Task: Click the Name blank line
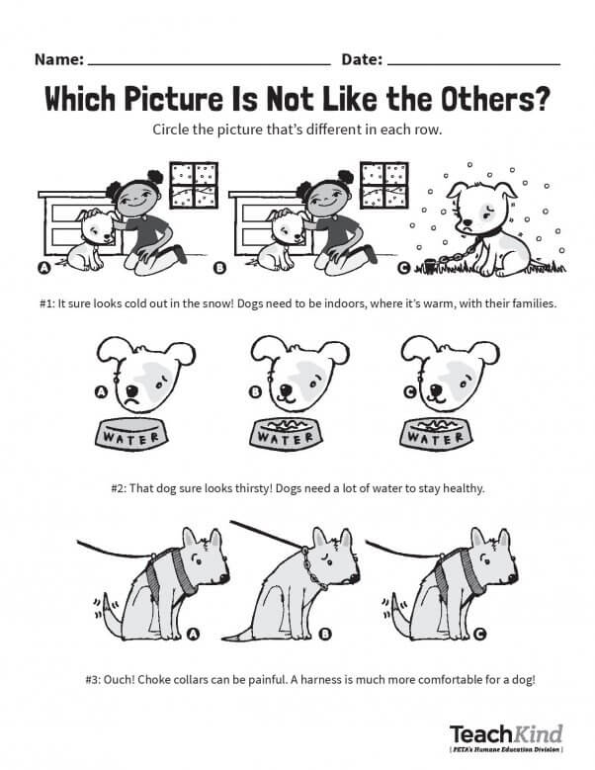tap(210, 64)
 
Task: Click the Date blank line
tap(473, 64)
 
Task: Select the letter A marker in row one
tap(44, 268)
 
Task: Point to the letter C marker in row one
tap(403, 268)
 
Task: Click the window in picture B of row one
tap(383, 185)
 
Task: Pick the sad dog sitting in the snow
tap(483, 227)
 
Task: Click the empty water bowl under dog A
tap(131, 433)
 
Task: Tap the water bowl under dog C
tap(436, 433)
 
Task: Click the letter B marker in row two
tap(255, 391)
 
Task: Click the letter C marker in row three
tap(479, 635)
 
